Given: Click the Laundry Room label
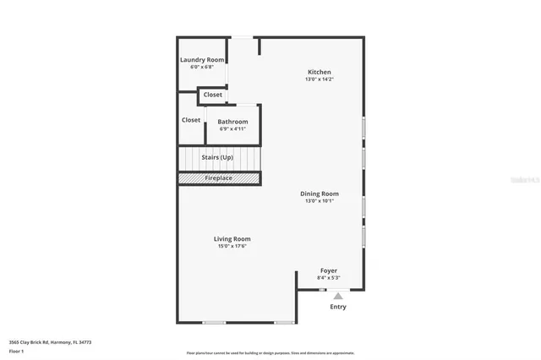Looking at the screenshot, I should [x=203, y=60].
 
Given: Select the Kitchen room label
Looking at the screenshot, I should [x=319, y=72].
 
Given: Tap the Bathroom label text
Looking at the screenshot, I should [x=232, y=122].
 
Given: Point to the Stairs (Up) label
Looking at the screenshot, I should [x=218, y=158].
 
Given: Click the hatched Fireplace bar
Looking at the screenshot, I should [x=218, y=178].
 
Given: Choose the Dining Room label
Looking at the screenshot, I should [x=319, y=194].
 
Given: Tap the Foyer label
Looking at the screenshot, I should [x=329, y=270].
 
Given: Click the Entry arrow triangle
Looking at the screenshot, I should [x=338, y=296].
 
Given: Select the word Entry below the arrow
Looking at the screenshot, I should [x=338, y=307].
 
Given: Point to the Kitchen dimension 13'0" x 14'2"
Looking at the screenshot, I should [x=319, y=79].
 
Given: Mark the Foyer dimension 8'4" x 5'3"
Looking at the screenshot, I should [x=329, y=277].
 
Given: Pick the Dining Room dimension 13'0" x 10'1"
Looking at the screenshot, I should [x=319, y=201].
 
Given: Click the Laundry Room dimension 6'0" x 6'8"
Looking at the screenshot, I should [x=203, y=67].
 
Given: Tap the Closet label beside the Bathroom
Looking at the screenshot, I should [x=191, y=120].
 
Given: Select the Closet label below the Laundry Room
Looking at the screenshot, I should [x=213, y=95].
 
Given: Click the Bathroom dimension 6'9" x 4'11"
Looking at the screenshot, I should [x=232, y=129].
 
